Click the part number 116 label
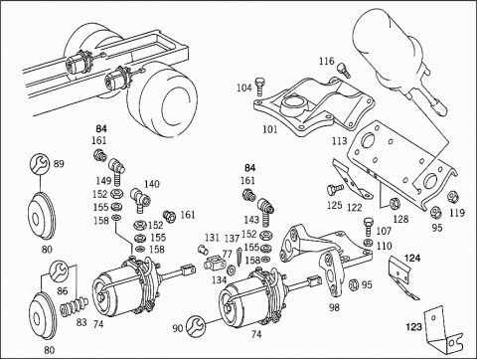pos(327,62)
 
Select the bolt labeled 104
pos(259,87)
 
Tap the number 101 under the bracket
pos(269,129)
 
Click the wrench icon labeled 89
pos(40,164)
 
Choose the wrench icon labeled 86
pos(59,271)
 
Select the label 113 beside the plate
pos(340,141)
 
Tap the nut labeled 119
pos(452,197)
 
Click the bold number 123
pos(414,327)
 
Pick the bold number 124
pos(412,258)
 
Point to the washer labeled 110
pos(368,242)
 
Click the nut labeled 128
pos(395,203)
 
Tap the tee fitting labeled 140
pos(141,199)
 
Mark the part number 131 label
pos(212,238)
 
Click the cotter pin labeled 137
pos(239,257)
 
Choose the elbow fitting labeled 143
pos(266,211)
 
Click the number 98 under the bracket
pos(335,307)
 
